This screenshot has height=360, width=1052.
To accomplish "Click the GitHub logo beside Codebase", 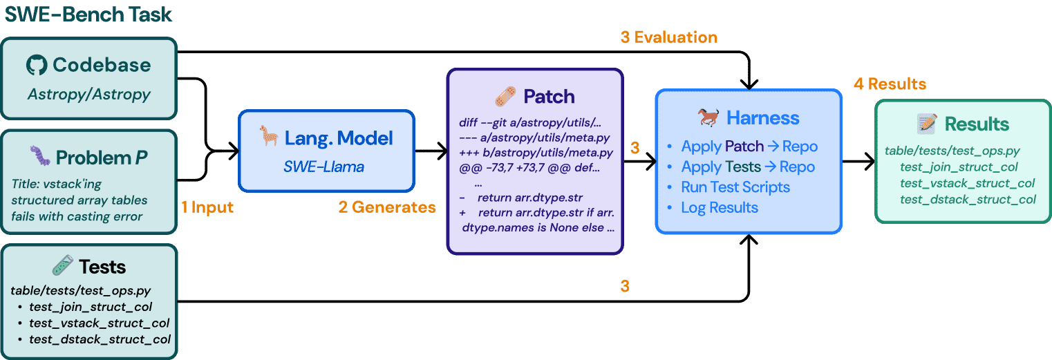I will click(37, 66).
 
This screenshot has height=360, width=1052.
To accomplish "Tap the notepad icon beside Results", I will click(926, 124).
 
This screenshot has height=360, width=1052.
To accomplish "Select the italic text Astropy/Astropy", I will click(88, 93).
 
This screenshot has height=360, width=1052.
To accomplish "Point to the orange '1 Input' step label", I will click(207, 207).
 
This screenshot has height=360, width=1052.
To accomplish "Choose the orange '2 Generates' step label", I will click(386, 207).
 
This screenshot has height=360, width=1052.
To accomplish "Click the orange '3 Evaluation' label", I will click(668, 37).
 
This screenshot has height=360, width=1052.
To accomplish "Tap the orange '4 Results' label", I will click(890, 84).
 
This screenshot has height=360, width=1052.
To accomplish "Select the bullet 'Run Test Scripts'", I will click(735, 187).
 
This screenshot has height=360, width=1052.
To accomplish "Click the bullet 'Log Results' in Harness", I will click(719, 207).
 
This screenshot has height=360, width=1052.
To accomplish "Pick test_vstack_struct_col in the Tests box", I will click(99, 323).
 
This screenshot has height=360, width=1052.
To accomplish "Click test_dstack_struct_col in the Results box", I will click(968, 199).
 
